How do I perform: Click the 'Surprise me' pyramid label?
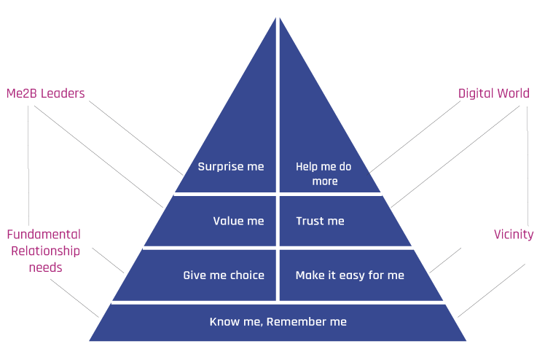pyautogui.click(x=230, y=167)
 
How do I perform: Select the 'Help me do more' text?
pyautogui.click(x=324, y=174)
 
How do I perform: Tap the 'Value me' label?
pyautogui.click(x=238, y=221)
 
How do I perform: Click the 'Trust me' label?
pyautogui.click(x=320, y=221)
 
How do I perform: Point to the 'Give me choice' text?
pyautogui.click(x=224, y=275)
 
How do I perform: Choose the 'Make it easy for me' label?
pyautogui.click(x=350, y=275)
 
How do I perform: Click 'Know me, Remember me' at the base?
pyautogui.click(x=278, y=321)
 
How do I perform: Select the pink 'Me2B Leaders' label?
pyautogui.click(x=45, y=93)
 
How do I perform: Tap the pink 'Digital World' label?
pyautogui.click(x=493, y=93)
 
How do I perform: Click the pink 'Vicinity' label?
pyautogui.click(x=514, y=235)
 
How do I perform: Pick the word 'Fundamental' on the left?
pyautogui.click(x=43, y=235)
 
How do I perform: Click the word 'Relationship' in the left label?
pyautogui.click(x=43, y=251)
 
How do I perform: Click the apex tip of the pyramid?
pyautogui.click(x=277, y=15)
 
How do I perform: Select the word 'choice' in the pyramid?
pyautogui.click(x=246, y=275)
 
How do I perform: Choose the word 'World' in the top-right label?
pyautogui.click(x=513, y=93)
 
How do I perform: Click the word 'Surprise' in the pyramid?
pyautogui.click(x=221, y=167)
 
